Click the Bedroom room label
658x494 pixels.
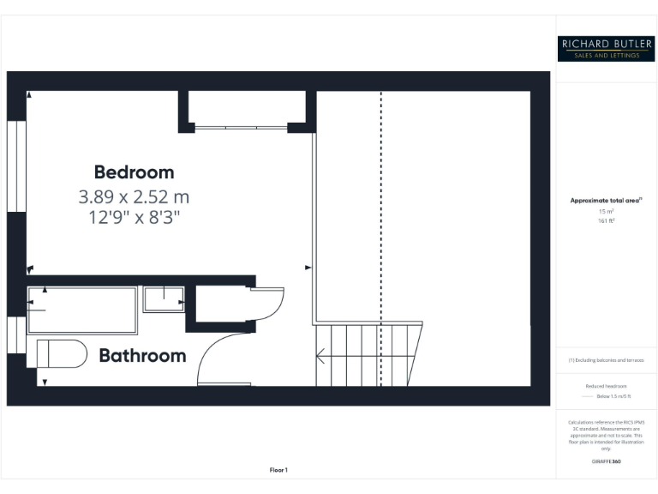[x=134, y=172]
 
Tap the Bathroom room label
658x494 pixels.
[x=142, y=355]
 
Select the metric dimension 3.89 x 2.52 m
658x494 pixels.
[x=134, y=196]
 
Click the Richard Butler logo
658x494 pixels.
[x=606, y=48]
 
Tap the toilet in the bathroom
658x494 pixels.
[x=63, y=353]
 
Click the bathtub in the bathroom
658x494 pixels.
[x=82, y=310]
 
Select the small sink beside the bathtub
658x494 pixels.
[x=164, y=299]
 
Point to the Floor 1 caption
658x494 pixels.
[x=278, y=470]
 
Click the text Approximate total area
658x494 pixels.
[x=606, y=201]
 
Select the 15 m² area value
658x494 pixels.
[x=606, y=211]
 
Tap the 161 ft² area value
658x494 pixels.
[x=606, y=220]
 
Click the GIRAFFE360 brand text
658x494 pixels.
[x=606, y=461]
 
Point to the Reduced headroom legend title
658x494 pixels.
[x=606, y=386]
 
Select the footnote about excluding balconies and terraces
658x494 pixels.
[x=606, y=360]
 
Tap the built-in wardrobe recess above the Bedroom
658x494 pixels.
[x=242, y=109]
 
